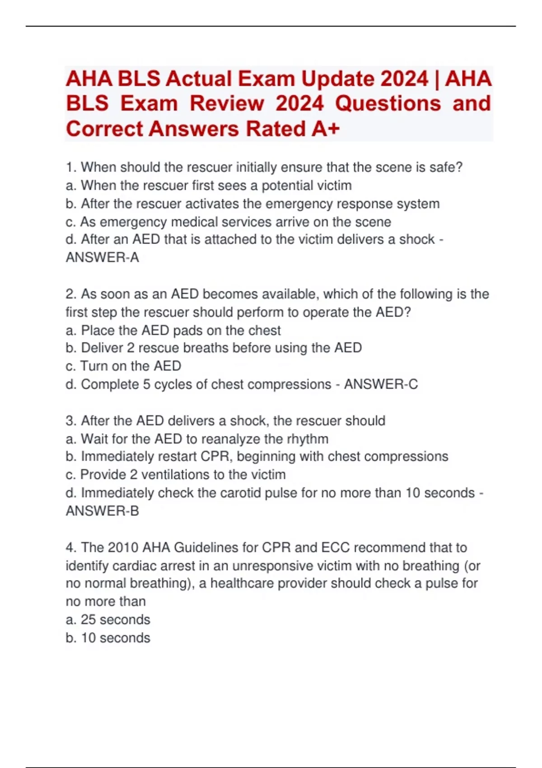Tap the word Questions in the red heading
point(388,103)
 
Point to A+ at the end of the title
point(325,129)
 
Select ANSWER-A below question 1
point(102,258)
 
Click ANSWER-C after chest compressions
point(381,384)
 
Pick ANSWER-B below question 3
point(102,511)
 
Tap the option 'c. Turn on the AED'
point(123,366)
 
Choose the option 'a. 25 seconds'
point(108,619)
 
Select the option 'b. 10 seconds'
point(108,638)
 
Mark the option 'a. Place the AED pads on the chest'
point(173,330)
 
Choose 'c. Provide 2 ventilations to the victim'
point(176,475)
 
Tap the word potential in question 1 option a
point(288,186)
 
